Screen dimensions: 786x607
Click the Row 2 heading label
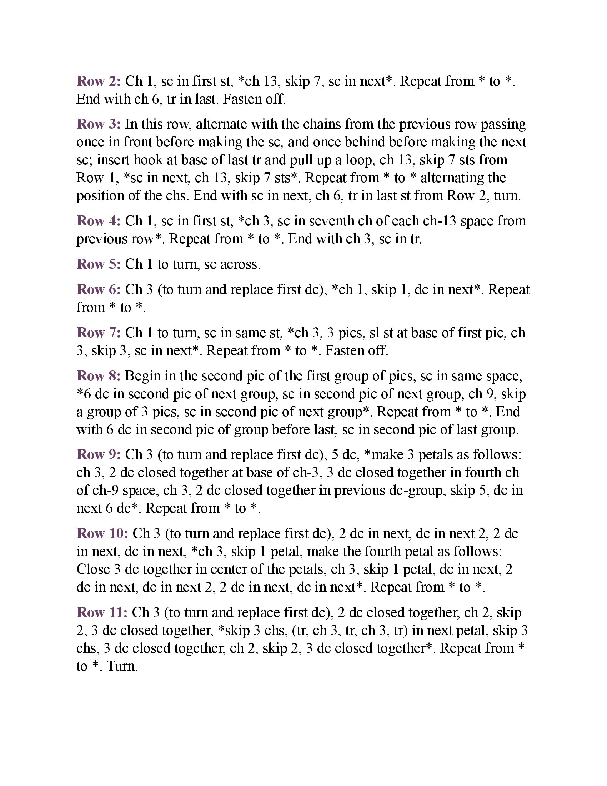point(99,81)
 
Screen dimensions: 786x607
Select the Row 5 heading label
point(99,264)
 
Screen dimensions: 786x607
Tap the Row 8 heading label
point(99,376)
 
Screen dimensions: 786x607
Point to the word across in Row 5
point(240,264)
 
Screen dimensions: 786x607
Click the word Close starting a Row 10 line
point(93,569)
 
